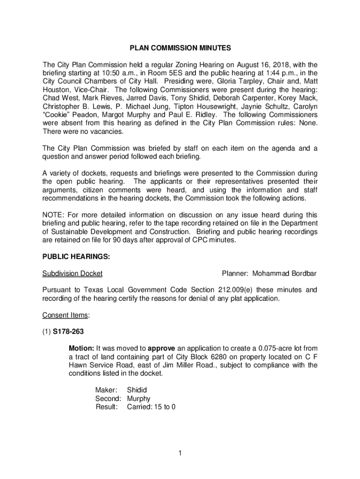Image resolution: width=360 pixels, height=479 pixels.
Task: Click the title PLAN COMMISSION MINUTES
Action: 180,48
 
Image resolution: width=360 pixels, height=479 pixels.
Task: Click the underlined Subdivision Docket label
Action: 72,273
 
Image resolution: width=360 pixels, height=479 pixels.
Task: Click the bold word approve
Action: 162,348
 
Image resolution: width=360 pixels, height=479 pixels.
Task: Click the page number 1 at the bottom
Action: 180,453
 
